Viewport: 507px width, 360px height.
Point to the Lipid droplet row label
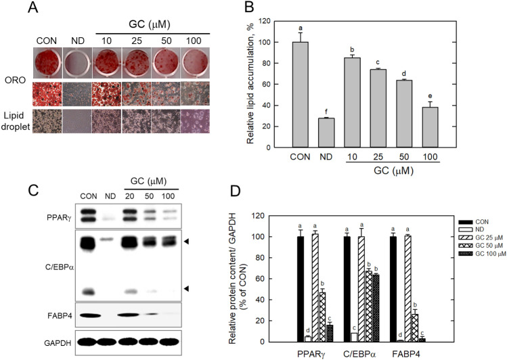tap(13, 125)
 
